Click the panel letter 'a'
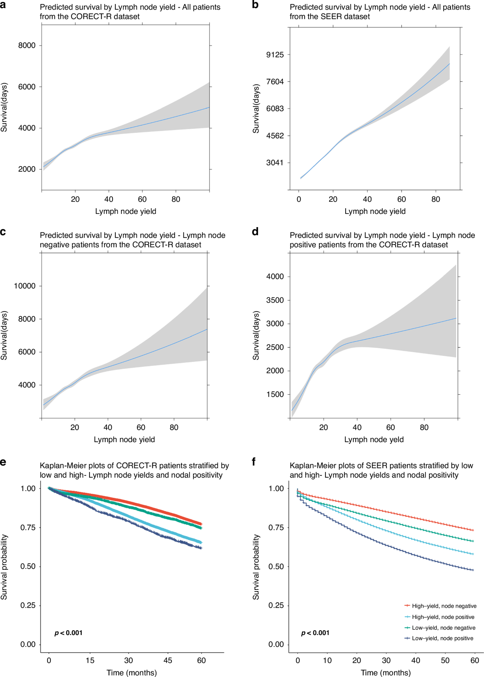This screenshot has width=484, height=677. (3, 5)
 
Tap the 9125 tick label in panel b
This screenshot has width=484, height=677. (275, 55)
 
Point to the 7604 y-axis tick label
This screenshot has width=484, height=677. (275, 82)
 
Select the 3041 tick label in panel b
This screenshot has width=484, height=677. (275, 163)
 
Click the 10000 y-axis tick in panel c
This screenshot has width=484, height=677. (25, 286)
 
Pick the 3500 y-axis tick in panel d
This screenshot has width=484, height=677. (275, 300)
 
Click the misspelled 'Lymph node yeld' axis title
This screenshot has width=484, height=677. (374, 440)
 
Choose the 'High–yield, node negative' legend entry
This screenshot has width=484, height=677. (444, 606)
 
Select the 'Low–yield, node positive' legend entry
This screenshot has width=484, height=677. (442, 638)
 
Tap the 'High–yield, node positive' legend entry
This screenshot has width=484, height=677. (443, 617)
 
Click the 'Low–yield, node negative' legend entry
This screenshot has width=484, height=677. (443, 628)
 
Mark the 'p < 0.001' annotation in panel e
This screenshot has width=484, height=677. (69, 633)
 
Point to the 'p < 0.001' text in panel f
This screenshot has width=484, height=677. (315, 633)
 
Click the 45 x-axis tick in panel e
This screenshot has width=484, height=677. (168, 660)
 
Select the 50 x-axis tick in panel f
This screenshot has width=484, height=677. (445, 660)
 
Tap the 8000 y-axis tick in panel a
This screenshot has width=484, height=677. (27, 46)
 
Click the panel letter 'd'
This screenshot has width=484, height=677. (255, 232)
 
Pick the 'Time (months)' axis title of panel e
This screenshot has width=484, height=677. (131, 673)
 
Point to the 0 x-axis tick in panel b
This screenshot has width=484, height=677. (299, 199)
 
